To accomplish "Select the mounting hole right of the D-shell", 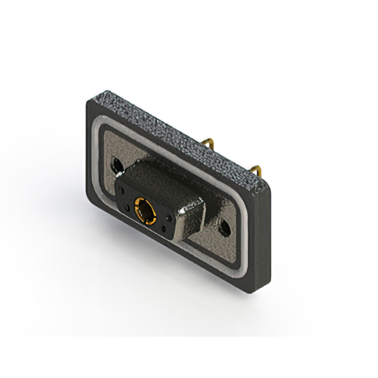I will tap(224, 227).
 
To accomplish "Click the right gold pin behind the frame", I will tap(256, 171).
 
